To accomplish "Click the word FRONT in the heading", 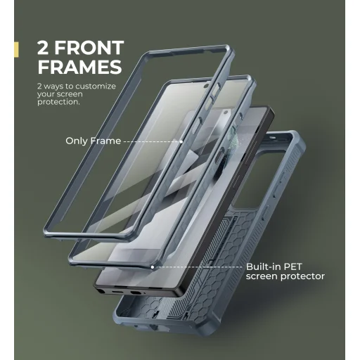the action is click(x=89, y=48).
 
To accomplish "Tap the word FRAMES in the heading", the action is click(x=80, y=67).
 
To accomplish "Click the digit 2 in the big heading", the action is click(x=43, y=48).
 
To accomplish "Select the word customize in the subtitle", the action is click(x=96, y=86).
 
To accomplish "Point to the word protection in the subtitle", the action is click(x=58, y=102).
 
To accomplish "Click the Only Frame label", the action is click(x=94, y=141).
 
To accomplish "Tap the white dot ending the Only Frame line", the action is click(x=181, y=141).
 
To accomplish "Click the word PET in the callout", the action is click(x=292, y=266).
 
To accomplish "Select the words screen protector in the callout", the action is click(x=285, y=276).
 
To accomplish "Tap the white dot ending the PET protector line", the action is click(x=153, y=267).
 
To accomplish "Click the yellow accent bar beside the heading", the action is click(x=16, y=49).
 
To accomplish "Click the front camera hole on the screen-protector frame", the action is click(x=206, y=86).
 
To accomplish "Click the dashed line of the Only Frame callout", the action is click(x=152, y=141).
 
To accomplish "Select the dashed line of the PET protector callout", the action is click(x=198, y=267).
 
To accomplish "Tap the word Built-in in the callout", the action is click(x=264, y=266).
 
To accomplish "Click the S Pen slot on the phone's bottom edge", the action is click(x=100, y=291).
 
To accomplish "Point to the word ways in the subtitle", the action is click(x=53, y=86).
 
